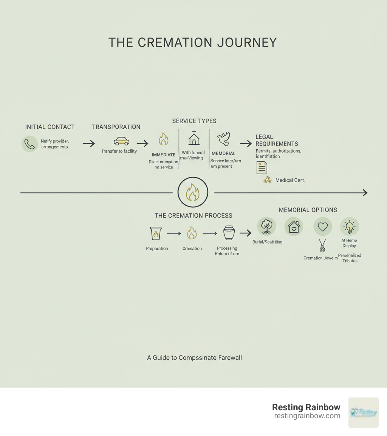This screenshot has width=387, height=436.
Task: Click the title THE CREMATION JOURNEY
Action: tap(192, 42)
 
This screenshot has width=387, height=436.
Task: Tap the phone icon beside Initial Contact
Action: tap(29, 144)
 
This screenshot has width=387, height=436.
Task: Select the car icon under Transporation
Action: tap(121, 141)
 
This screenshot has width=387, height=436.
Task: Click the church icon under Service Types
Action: tap(194, 138)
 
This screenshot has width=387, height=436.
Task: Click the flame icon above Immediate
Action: tap(163, 139)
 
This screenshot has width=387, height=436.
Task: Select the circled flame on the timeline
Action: tap(193, 193)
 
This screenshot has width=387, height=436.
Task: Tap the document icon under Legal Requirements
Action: tap(262, 167)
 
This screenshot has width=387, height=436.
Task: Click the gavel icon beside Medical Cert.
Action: tap(268, 180)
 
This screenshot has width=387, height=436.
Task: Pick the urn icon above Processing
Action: tap(229, 233)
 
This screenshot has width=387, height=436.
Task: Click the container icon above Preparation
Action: tap(156, 233)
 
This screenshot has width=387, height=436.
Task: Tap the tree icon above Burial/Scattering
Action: tap(266, 227)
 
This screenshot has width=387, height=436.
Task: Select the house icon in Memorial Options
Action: tap(294, 227)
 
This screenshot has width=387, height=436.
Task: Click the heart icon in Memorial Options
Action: tap(322, 227)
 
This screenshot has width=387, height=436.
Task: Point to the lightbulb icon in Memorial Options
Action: tap(350, 227)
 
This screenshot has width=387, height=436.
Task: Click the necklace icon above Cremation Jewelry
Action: tap(322, 246)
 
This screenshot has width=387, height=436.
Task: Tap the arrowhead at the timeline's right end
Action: tap(365, 193)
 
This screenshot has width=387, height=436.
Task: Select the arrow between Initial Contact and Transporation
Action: tap(89, 144)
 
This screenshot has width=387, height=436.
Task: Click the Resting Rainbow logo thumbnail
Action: tap(363, 412)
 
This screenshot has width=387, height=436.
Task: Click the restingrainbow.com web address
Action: tap(307, 416)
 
